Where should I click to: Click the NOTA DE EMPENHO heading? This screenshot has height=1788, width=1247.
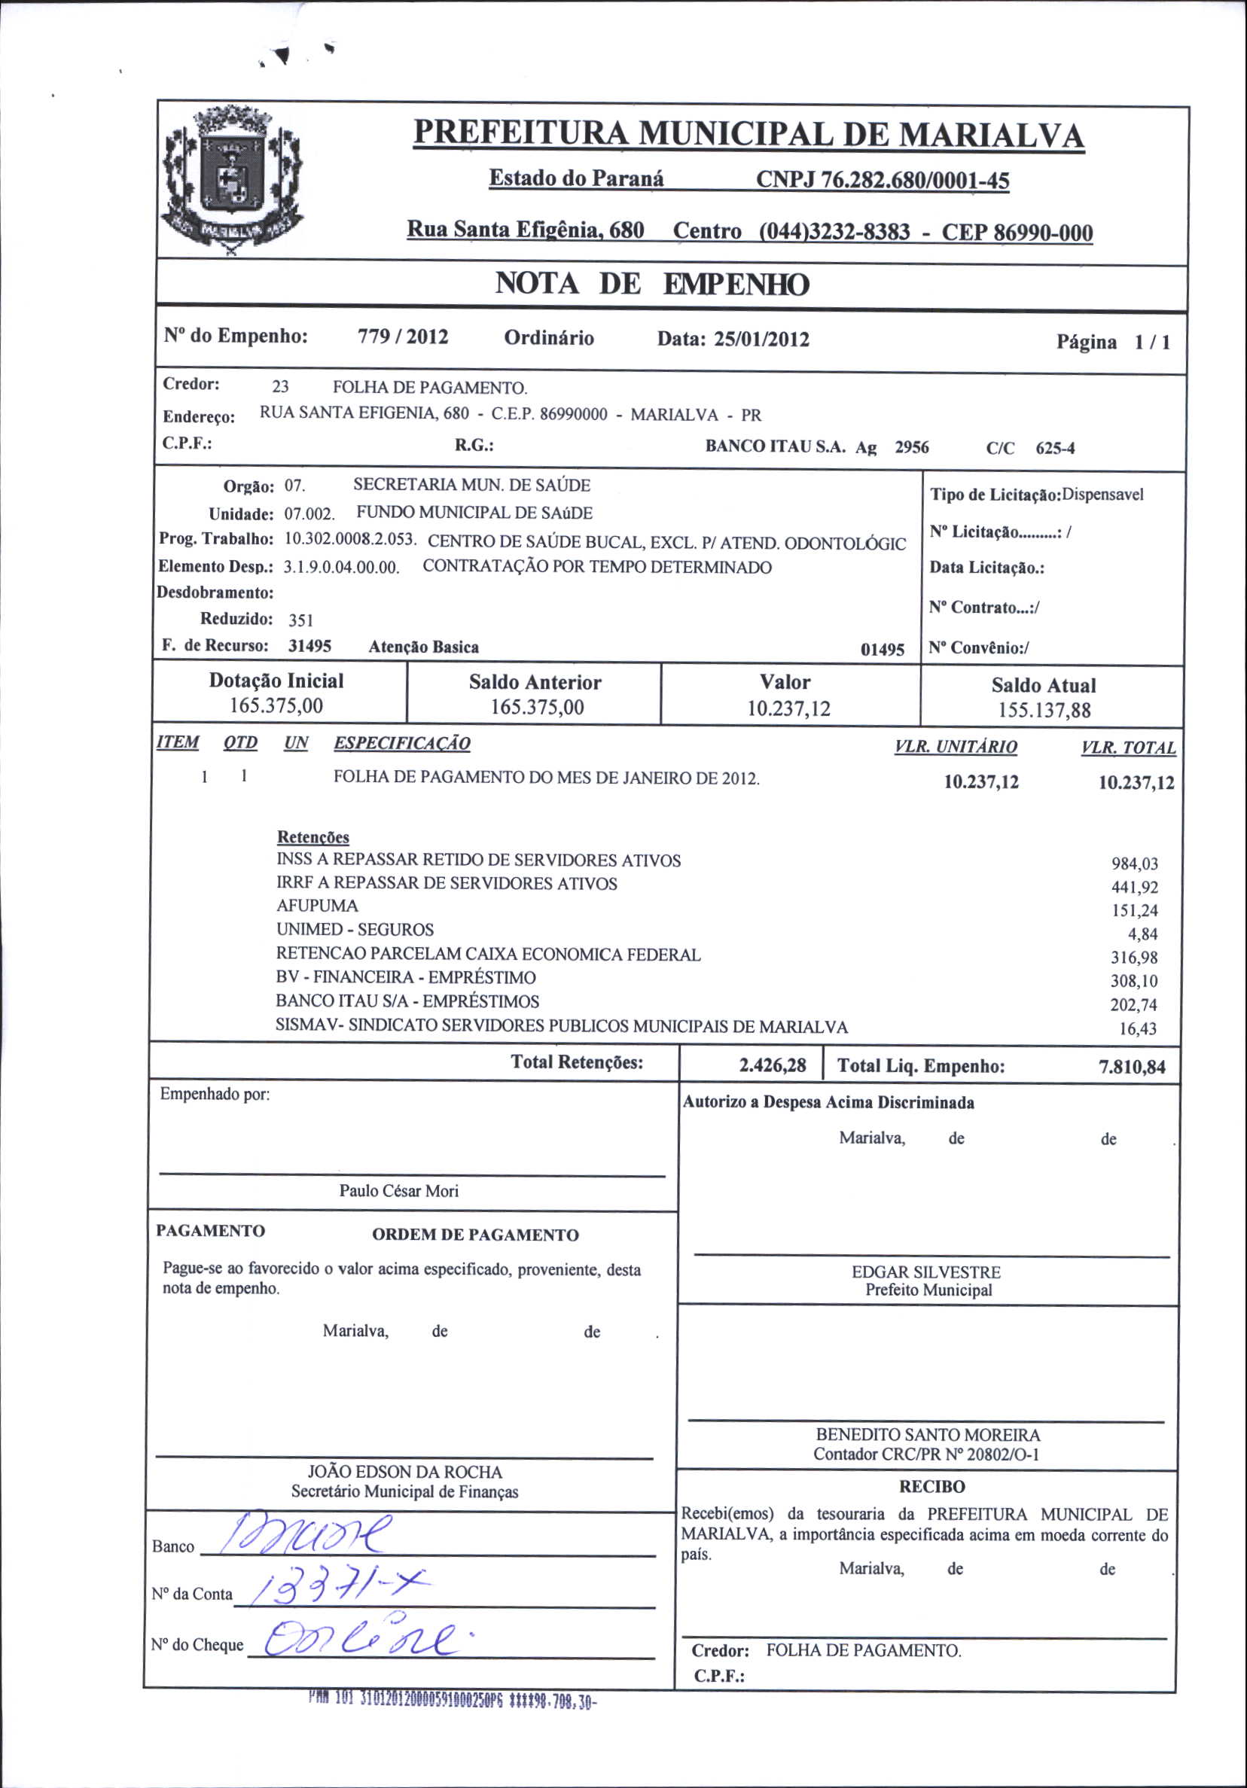(x=652, y=284)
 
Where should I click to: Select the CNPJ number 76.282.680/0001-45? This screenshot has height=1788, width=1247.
(x=883, y=181)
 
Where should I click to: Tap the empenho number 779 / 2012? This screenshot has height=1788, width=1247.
(x=403, y=337)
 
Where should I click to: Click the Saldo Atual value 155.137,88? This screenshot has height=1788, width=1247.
(x=1044, y=710)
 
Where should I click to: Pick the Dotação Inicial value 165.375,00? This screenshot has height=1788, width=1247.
(x=276, y=705)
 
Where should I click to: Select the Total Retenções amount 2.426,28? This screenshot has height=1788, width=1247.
(x=772, y=1065)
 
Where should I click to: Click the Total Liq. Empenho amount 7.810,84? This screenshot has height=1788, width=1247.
(x=1132, y=1067)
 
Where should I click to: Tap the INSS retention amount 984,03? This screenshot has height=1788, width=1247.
(x=1134, y=864)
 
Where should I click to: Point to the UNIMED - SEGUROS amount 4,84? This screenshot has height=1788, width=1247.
(x=1142, y=934)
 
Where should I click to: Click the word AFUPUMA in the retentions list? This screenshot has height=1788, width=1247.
(x=317, y=906)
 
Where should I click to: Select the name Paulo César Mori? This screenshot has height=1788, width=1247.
(x=399, y=1191)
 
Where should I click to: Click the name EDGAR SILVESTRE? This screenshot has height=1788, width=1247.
(x=926, y=1272)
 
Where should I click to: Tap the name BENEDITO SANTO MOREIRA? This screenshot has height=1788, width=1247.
(x=928, y=1434)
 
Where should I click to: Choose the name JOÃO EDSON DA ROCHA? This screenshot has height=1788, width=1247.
(x=404, y=1472)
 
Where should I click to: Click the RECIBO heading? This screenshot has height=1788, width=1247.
(x=931, y=1487)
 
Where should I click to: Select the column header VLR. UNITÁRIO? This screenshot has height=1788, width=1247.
(x=955, y=747)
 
